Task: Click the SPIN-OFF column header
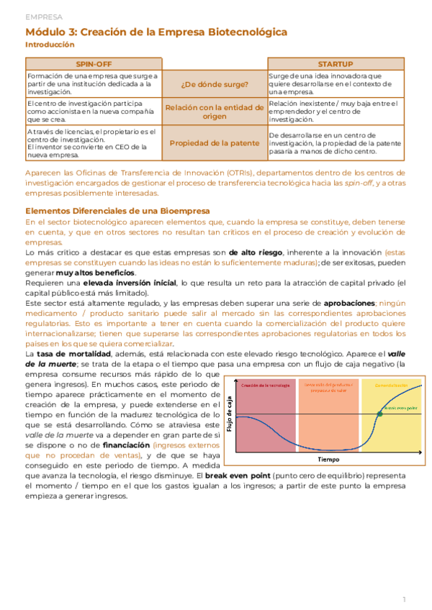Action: click(x=94, y=65)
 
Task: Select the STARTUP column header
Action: click(x=336, y=65)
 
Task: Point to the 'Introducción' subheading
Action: click(x=50, y=45)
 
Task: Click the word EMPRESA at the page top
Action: click(x=43, y=16)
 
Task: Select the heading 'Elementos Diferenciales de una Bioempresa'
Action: click(x=117, y=211)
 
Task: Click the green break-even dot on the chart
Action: click(x=379, y=414)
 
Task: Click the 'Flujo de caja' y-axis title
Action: click(x=230, y=416)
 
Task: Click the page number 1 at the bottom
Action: click(x=405, y=598)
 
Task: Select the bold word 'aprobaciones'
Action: click(x=349, y=304)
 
